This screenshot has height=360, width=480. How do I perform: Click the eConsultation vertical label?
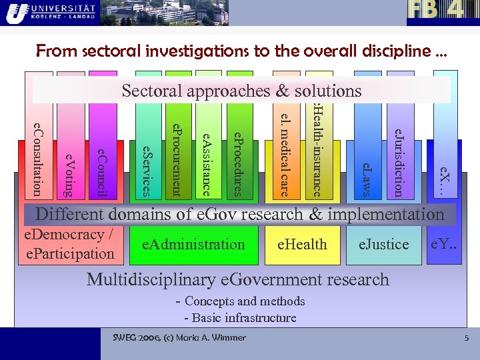tap(38, 159)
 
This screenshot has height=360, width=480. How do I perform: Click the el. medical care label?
tap(285, 151)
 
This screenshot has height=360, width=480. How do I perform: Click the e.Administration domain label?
tap(193, 245)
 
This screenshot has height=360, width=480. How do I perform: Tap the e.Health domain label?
tap(302, 245)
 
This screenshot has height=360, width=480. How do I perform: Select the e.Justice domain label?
tap(383, 245)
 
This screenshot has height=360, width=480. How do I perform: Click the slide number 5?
tap(467, 339)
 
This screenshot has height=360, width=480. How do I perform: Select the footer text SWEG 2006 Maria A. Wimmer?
tap(179, 337)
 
